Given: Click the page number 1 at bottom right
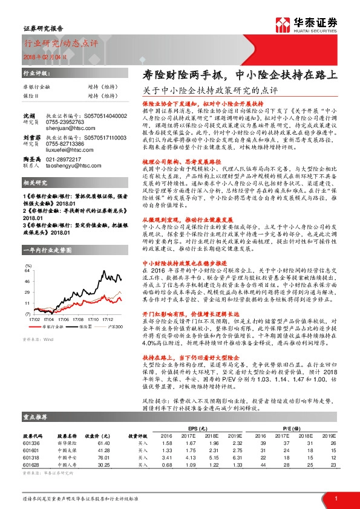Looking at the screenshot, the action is click(x=335, y=498).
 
